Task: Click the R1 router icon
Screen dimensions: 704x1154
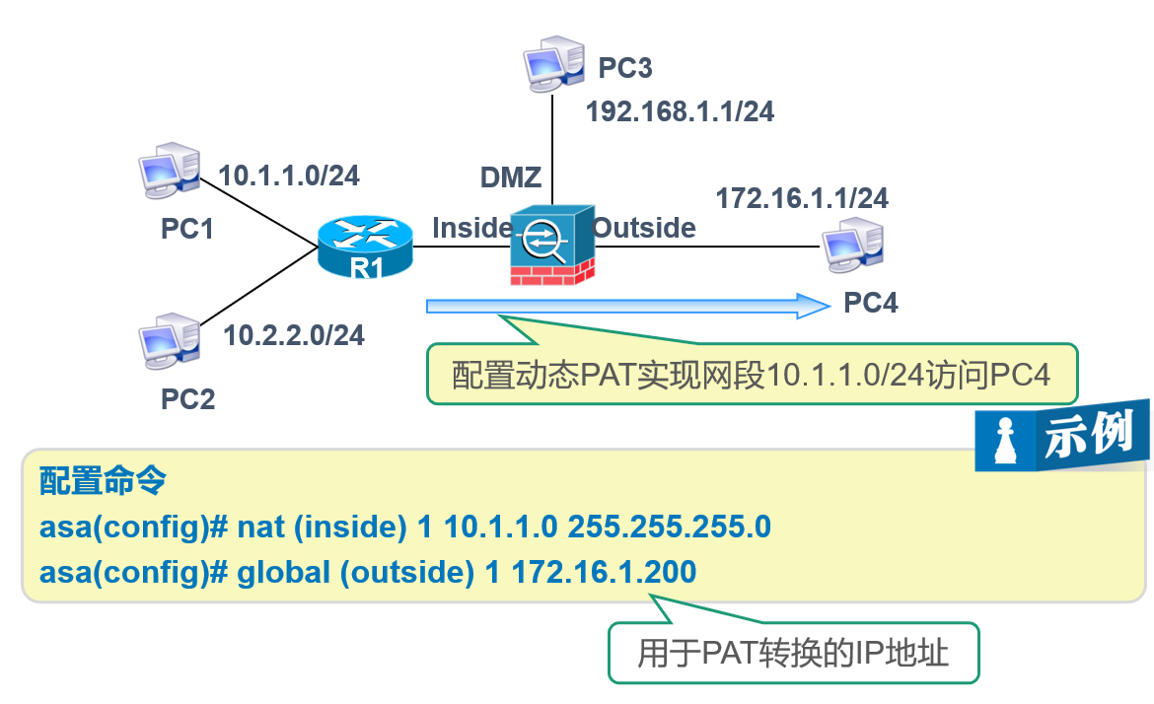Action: click(x=365, y=246)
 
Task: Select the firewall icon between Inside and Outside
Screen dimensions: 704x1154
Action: click(x=551, y=247)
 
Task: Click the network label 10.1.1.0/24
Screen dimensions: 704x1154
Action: click(x=289, y=176)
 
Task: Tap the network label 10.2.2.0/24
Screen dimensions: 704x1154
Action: click(x=294, y=335)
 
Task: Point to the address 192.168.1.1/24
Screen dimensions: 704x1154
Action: click(x=680, y=111)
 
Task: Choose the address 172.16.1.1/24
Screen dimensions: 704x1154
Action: click(x=801, y=198)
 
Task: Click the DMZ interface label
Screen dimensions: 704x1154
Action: click(x=511, y=177)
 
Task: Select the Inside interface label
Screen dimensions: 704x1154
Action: click(x=471, y=228)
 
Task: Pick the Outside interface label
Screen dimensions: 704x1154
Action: click(x=645, y=228)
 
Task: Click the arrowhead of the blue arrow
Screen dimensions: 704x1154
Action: click(x=814, y=306)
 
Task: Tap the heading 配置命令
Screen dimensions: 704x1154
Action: click(x=103, y=482)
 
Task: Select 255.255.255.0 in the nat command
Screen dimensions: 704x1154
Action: click(x=669, y=528)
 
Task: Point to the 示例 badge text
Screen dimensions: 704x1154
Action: click(x=1091, y=435)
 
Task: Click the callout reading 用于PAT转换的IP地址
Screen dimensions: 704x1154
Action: click(x=793, y=653)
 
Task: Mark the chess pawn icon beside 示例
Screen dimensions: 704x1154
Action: click(x=1004, y=440)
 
